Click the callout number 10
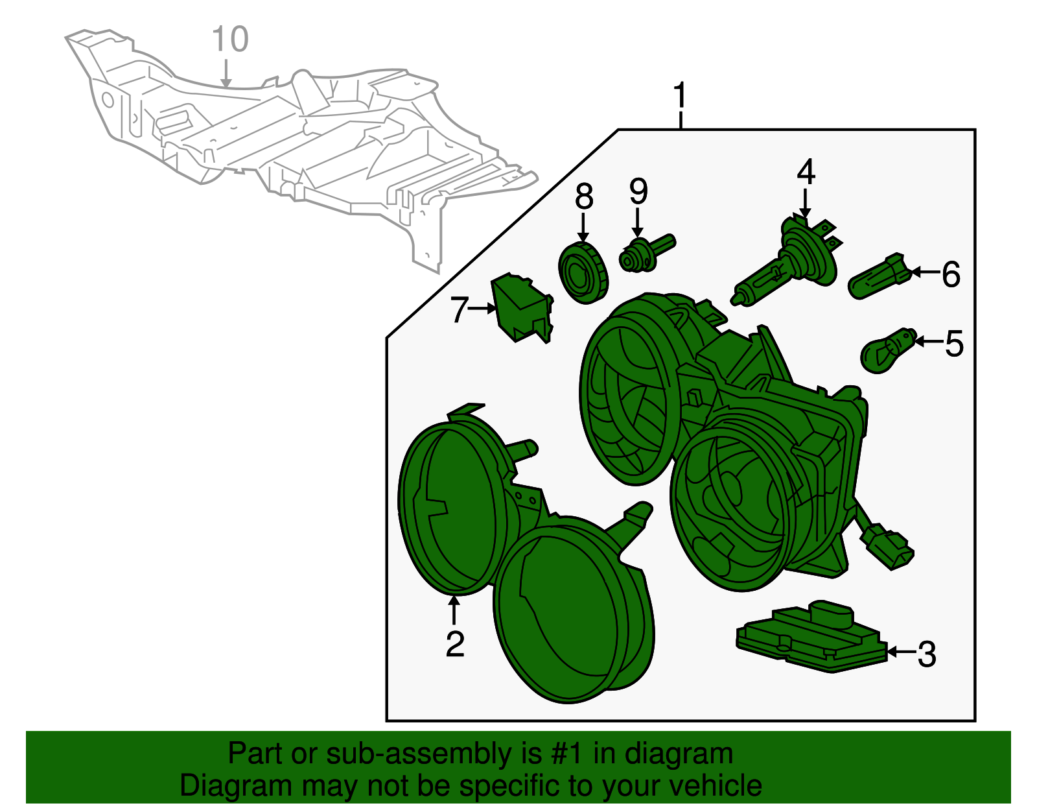[230, 40]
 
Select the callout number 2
[455, 643]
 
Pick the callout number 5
[954, 343]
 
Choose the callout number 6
[950, 274]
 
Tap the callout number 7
[459, 309]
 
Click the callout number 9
[638, 191]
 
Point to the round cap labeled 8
[583, 273]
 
